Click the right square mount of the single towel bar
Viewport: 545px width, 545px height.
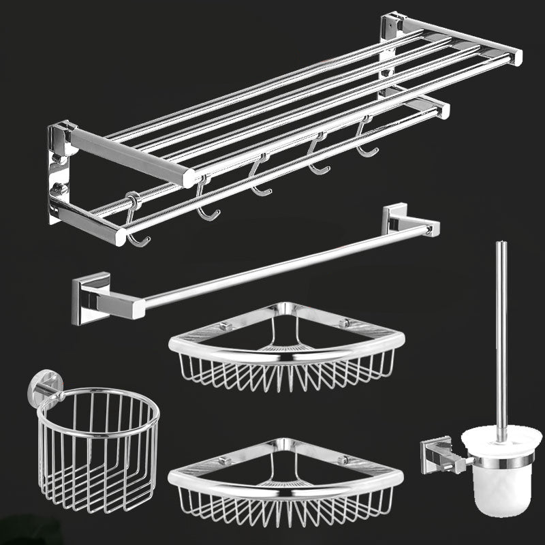point(394,219)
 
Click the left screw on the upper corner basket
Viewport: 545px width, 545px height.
point(221,329)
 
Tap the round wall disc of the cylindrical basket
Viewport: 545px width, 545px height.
point(39,390)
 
